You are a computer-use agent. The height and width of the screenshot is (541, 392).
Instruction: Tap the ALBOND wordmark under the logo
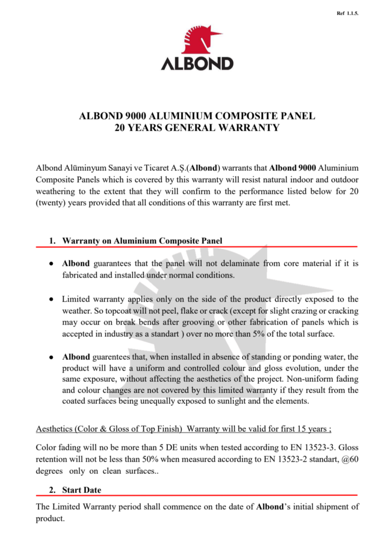tap(197, 64)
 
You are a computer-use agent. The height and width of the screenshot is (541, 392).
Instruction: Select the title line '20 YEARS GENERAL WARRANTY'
tap(197, 128)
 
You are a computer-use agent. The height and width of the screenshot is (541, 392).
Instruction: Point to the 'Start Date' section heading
tap(82, 490)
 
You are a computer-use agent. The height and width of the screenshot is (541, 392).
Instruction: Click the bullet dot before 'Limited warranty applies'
tap(51, 299)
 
